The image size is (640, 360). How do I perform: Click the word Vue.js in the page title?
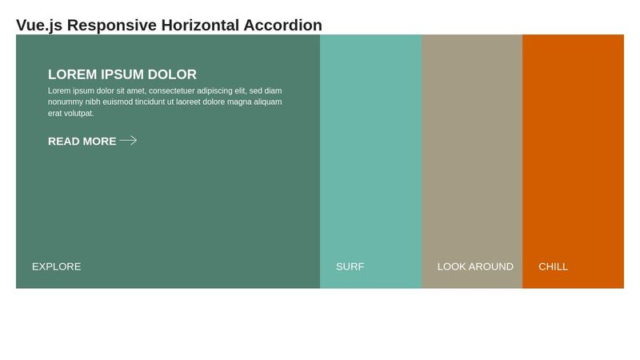(39, 25)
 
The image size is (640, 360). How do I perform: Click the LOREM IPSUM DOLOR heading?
(122, 74)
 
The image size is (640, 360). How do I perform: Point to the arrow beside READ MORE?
(128, 141)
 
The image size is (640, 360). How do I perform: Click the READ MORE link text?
(82, 141)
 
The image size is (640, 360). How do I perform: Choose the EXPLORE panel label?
(56, 266)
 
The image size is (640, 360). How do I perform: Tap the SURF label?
(350, 266)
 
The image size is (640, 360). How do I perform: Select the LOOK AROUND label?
(475, 266)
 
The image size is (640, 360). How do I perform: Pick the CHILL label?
(553, 266)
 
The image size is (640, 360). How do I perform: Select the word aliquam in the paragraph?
(267, 102)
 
